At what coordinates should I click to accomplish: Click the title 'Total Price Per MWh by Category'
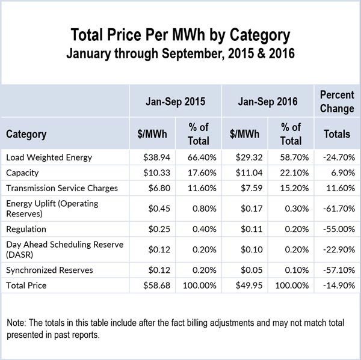(x=180, y=34)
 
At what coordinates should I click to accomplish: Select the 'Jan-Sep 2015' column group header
(x=175, y=102)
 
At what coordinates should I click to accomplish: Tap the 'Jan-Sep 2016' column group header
(x=268, y=102)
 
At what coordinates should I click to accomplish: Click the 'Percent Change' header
(x=336, y=102)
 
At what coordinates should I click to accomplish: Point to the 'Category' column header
(x=26, y=134)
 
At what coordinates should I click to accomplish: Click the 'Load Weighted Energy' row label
(x=49, y=157)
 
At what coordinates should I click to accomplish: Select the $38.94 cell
(x=152, y=157)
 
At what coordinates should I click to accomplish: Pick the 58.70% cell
(x=291, y=157)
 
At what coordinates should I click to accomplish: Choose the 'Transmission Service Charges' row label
(x=62, y=188)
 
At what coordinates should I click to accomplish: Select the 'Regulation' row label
(x=26, y=230)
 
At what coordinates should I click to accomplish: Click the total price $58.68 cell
(x=152, y=285)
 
